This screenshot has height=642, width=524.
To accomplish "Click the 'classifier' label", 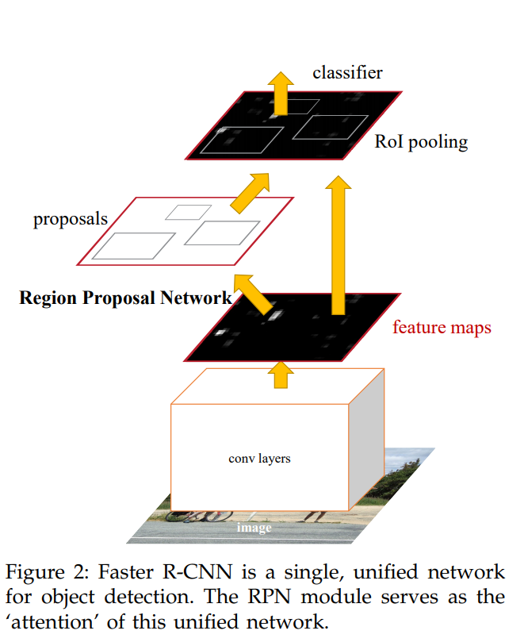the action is (348, 73).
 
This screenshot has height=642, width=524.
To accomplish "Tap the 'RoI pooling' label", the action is (421, 142).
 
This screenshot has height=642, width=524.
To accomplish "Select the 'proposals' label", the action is (71, 219).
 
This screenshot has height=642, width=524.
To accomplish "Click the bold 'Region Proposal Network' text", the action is (125, 298).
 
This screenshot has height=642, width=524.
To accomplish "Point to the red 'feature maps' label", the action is (442, 328).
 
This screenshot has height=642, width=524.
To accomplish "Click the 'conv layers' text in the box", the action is (259, 459).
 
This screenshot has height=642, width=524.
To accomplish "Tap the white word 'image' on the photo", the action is (254, 528).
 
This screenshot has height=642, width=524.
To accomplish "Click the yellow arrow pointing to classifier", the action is (281, 94).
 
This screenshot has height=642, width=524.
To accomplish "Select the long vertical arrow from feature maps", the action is (338, 246).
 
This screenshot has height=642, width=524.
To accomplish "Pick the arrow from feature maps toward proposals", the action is (253, 294).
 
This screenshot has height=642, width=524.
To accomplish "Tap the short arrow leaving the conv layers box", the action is (281, 375).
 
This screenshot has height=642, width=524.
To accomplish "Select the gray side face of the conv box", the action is (366, 440).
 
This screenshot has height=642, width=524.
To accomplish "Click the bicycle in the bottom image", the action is (200, 516).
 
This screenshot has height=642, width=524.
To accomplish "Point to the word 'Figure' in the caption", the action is (35, 573).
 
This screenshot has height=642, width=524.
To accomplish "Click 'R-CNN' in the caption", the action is (197, 572).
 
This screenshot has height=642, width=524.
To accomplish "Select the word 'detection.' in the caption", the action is (149, 597).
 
